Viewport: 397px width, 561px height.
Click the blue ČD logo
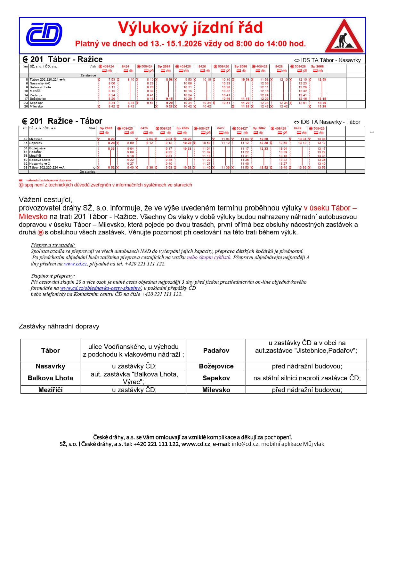[44, 34]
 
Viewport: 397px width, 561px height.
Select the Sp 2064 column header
[164, 67]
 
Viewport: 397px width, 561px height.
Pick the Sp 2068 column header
[317, 67]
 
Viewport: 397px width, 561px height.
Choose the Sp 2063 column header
[106, 128]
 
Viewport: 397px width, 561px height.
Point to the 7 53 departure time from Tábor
[111, 80]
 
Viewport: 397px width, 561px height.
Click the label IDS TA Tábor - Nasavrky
[330, 60]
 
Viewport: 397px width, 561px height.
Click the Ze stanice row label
[88, 75]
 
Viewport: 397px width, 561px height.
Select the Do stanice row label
[87, 172]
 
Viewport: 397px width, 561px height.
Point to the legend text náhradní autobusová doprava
[48, 180]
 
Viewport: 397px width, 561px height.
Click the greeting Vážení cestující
[45, 200]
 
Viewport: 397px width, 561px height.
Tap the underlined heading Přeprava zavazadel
[53, 245]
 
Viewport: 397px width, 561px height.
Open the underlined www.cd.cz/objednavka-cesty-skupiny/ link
[101, 288]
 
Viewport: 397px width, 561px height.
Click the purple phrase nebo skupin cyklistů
[208, 257]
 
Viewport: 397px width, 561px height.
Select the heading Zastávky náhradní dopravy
[59, 326]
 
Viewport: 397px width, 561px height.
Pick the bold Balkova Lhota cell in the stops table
[50, 378]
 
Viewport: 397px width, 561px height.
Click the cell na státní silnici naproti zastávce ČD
[307, 378]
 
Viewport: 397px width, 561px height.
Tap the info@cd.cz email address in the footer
[245, 444]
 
